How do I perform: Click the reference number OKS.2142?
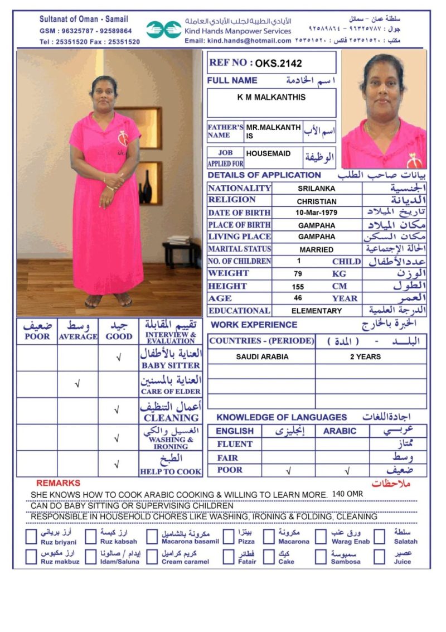[279, 63]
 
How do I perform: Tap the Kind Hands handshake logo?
[164, 30]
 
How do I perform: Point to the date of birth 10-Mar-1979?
[317, 213]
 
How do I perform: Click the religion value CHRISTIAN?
[317, 201]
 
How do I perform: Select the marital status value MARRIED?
[316, 249]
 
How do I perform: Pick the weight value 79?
[298, 274]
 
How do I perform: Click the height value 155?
[298, 286]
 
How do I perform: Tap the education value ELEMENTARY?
[316, 311]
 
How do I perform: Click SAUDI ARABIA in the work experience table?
[261, 356]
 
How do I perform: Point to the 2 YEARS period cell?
[365, 356]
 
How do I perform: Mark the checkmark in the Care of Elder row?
[77, 384]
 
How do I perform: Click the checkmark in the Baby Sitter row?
[118, 358]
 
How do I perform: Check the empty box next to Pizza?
[229, 537]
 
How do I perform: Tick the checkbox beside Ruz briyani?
[32, 537]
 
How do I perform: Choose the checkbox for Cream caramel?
[152, 557]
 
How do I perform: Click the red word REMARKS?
[58, 483]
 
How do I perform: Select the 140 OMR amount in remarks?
[347, 494]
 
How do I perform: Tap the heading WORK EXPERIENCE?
[254, 325]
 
